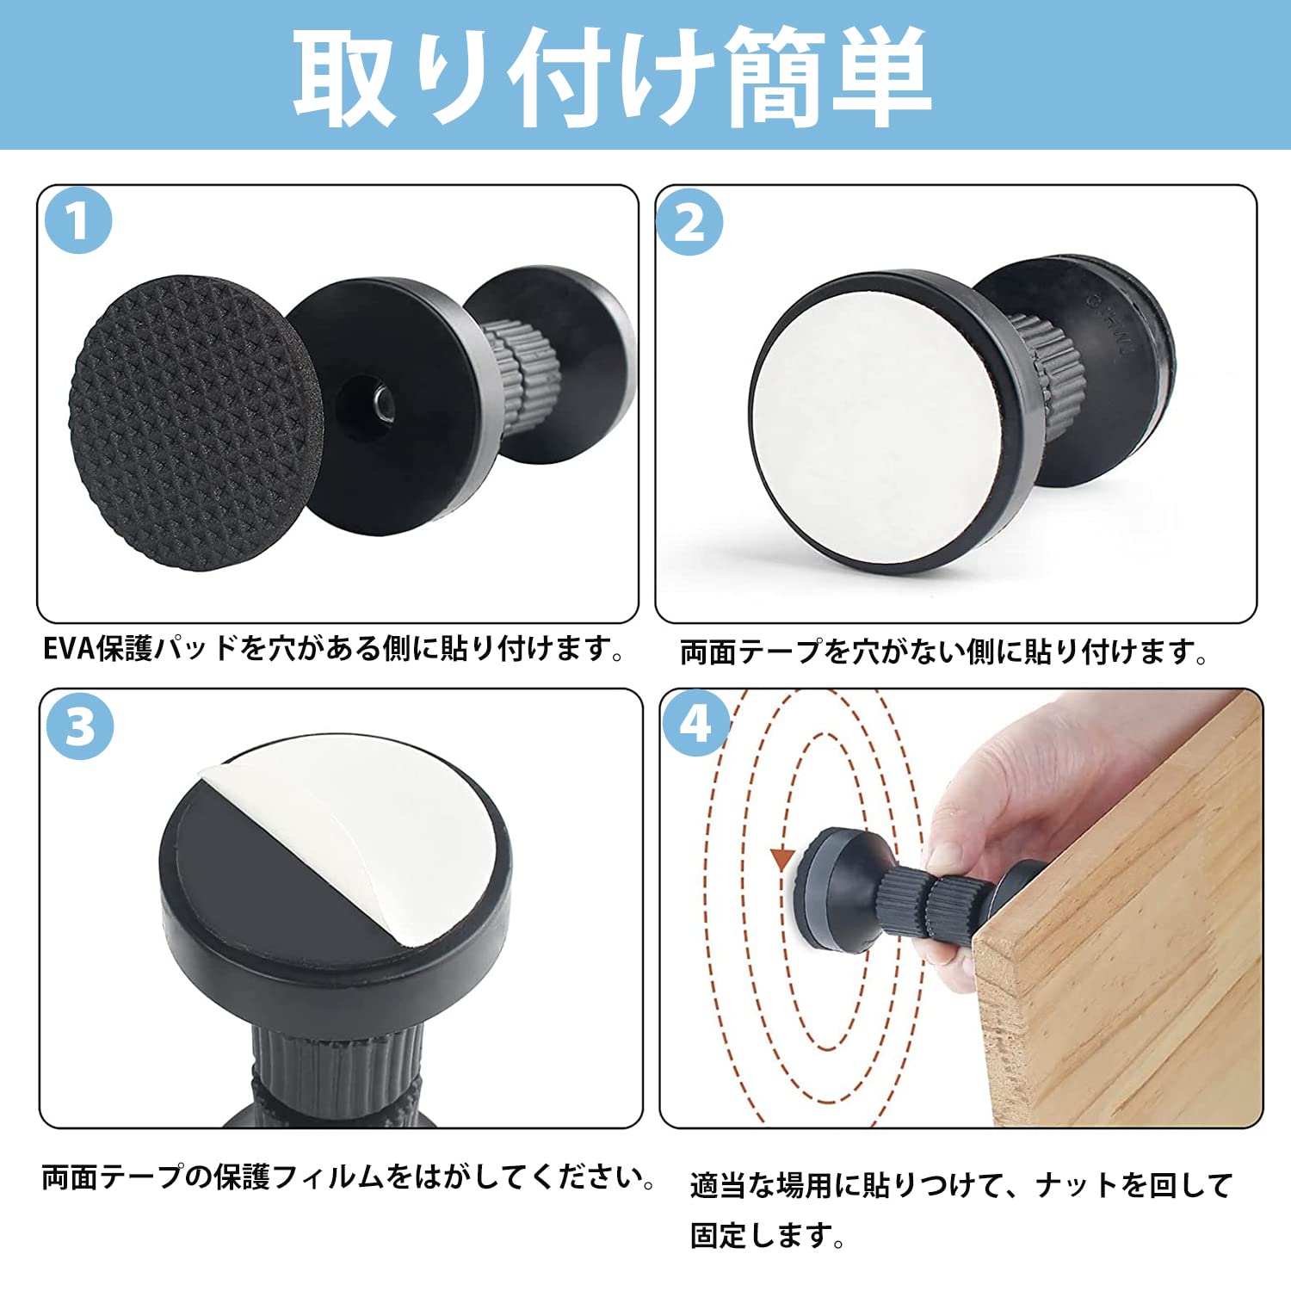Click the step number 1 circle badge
tap(78, 220)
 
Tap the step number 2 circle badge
tap(689, 223)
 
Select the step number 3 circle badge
tap(79, 726)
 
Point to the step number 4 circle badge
tap(695, 723)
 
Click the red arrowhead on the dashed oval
tap(781, 858)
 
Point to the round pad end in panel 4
tap(831, 886)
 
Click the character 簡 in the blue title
tap(770, 76)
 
